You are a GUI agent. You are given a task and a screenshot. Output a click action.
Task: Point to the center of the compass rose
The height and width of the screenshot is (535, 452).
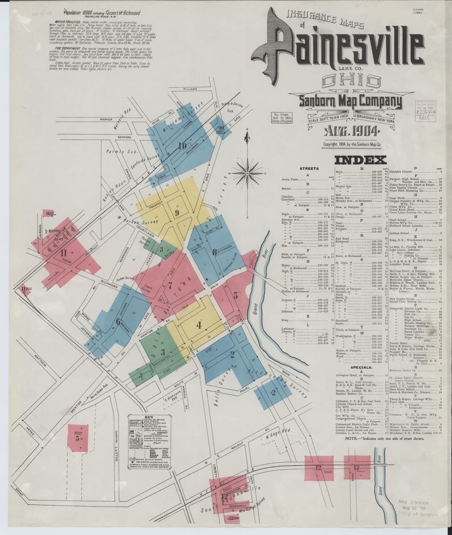246,169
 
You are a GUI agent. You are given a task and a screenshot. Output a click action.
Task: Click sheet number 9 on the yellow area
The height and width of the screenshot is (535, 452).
177,212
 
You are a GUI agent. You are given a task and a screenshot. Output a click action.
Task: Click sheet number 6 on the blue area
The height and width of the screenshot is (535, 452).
118,321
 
